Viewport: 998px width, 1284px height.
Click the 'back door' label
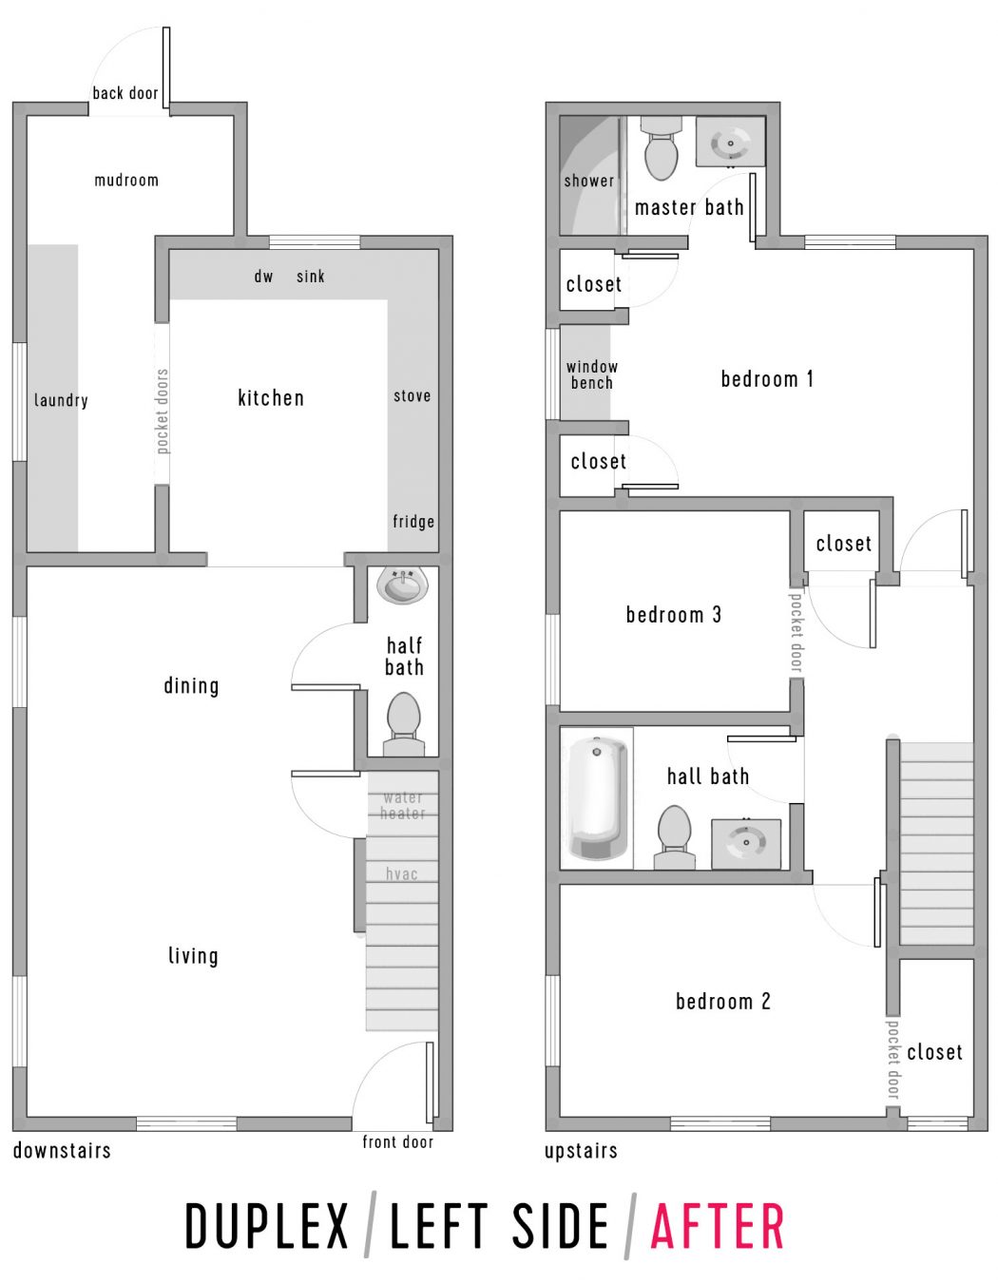[125, 93]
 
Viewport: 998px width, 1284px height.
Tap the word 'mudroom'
[126, 180]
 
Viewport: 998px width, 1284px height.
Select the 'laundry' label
[61, 400]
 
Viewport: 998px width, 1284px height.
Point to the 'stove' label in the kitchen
[412, 395]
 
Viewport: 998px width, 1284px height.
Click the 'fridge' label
[413, 521]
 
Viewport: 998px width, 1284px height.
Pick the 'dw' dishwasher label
[263, 277]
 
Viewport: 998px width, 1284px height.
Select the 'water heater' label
[403, 805]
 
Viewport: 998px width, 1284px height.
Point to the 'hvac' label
[401, 873]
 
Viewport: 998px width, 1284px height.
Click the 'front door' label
[397, 1141]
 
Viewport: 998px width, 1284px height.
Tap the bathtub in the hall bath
[596, 797]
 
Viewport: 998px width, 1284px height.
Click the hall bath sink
[746, 842]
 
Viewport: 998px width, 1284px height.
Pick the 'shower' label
[588, 181]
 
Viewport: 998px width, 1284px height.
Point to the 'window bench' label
[591, 374]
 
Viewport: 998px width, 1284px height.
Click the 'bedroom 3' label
[673, 615]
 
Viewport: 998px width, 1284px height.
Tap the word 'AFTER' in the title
[718, 1226]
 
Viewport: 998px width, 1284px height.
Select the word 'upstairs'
[581, 1151]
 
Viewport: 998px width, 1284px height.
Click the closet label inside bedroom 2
[934, 1052]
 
